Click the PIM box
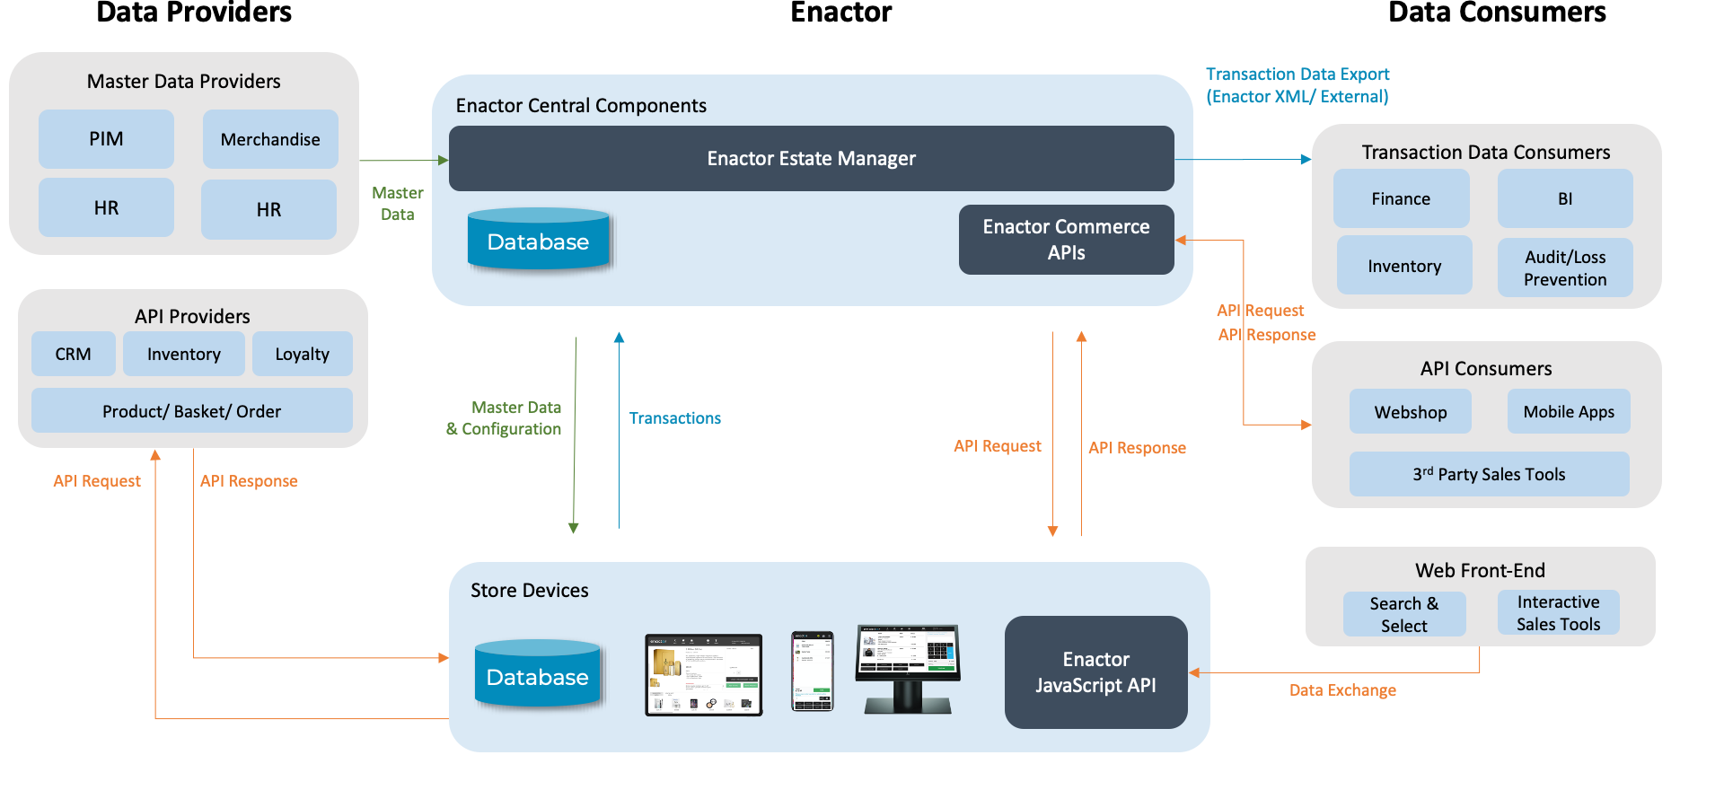click(x=106, y=139)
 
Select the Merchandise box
click(x=270, y=139)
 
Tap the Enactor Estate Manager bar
click(x=811, y=159)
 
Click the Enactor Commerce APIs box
click(x=1066, y=240)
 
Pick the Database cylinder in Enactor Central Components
click(x=538, y=241)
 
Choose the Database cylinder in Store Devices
click(x=537, y=675)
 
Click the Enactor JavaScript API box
click(x=1095, y=672)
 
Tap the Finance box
click(x=1401, y=198)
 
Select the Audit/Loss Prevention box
click(x=1564, y=268)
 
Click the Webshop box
click(x=1410, y=412)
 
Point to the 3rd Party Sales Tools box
click(x=1489, y=474)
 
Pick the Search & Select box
click(x=1403, y=614)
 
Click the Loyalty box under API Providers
click(x=302, y=354)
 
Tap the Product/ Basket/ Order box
click(x=191, y=411)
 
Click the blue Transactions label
click(x=674, y=418)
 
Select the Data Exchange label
click(x=1342, y=690)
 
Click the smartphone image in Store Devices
click(x=812, y=671)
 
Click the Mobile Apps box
click(x=1568, y=412)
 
